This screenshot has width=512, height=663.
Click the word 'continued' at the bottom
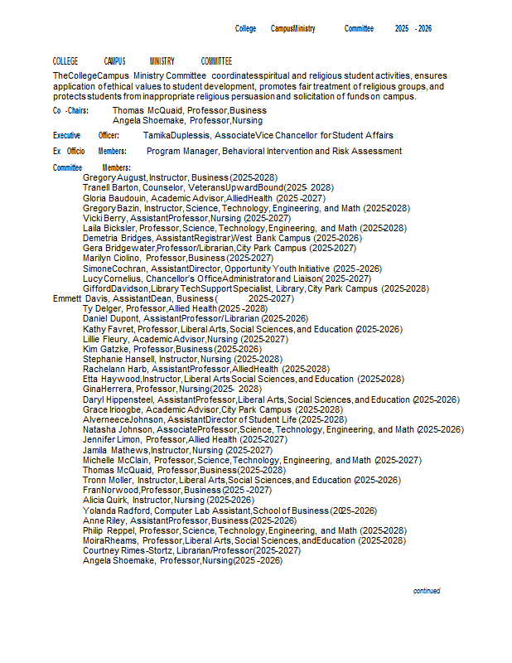(427, 591)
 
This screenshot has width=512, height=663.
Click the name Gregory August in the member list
(111, 178)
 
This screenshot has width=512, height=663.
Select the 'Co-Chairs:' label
(70, 110)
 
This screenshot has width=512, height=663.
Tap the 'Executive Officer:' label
(85, 135)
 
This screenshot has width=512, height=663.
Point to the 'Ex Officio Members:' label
(89, 152)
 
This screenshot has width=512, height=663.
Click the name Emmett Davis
(80, 298)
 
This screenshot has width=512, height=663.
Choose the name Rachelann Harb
(116, 369)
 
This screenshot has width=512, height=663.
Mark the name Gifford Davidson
(115, 288)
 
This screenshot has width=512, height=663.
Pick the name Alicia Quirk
(104, 501)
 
